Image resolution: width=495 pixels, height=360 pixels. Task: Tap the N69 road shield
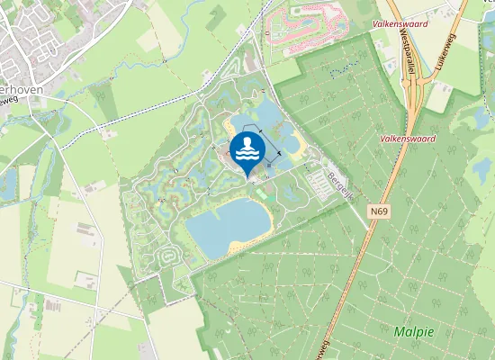(379, 211)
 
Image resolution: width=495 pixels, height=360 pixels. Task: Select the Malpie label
(413, 332)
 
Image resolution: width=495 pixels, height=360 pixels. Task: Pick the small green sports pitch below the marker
(261, 192)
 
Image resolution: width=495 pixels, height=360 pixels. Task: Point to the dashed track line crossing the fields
(135, 103)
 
